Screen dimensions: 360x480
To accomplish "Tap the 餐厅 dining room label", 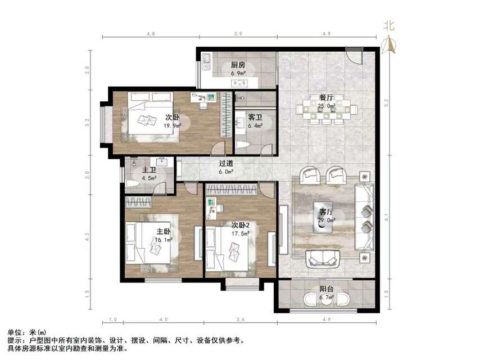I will [327, 97].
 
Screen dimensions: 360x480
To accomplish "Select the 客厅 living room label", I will [327, 212].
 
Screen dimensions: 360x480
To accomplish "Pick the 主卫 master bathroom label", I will [149, 170].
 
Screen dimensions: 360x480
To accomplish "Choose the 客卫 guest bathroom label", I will [255, 118].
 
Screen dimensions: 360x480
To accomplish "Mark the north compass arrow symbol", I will [387, 45].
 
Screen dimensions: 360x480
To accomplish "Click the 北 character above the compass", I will [388, 25].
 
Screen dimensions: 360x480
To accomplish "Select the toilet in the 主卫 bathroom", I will [133, 183].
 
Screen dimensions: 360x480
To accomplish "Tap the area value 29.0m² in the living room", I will [327, 220].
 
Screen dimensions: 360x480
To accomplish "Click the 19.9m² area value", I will [172, 126].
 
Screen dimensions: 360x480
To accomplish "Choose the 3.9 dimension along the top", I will [238, 34].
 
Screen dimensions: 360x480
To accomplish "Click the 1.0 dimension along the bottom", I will [113, 321].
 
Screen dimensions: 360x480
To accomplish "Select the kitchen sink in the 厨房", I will [207, 58].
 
